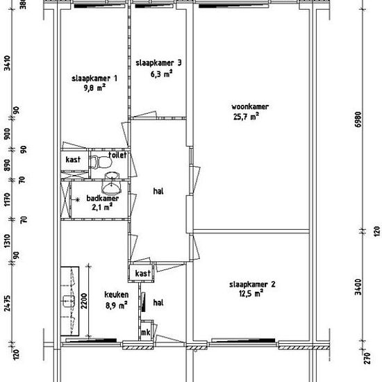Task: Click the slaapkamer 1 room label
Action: pos(94,78)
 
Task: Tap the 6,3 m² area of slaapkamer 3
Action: pos(162,74)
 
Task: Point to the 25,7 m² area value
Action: pos(246,117)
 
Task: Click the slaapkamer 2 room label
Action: pos(252,285)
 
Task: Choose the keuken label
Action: pos(117,294)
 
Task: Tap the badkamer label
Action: pos(103,199)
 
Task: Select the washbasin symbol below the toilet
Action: pos(112,182)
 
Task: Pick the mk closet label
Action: pos(146,332)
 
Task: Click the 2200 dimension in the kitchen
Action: pos(84,301)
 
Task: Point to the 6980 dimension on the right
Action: pos(358,119)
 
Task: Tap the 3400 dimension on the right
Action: pos(358,287)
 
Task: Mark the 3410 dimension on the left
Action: pos(8,63)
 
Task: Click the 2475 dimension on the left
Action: pos(8,304)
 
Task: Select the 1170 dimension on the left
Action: pos(8,199)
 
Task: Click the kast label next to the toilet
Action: pos(73,160)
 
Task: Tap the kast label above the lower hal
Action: pos(143,274)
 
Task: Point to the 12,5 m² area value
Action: pos(251,294)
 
